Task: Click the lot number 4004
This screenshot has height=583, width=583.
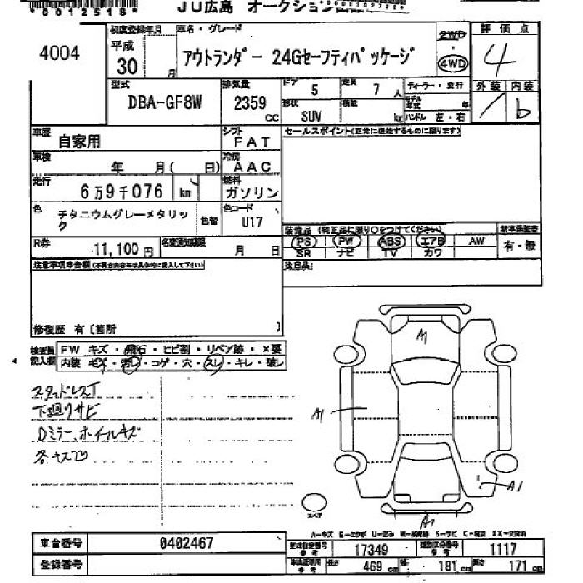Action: pos(59,52)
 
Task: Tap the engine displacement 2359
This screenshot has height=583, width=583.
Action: pos(249,103)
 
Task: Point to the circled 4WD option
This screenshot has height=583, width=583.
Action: pos(452,63)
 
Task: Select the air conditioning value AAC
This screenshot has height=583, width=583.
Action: pos(252,167)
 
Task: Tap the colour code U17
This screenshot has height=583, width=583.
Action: pos(252,222)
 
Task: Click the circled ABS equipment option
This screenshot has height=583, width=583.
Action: pos(389,241)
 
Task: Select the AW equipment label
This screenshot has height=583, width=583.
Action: pos(476,240)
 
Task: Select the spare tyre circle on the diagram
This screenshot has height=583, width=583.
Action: pos(314,501)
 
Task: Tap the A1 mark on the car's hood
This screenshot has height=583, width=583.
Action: pos(422,336)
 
